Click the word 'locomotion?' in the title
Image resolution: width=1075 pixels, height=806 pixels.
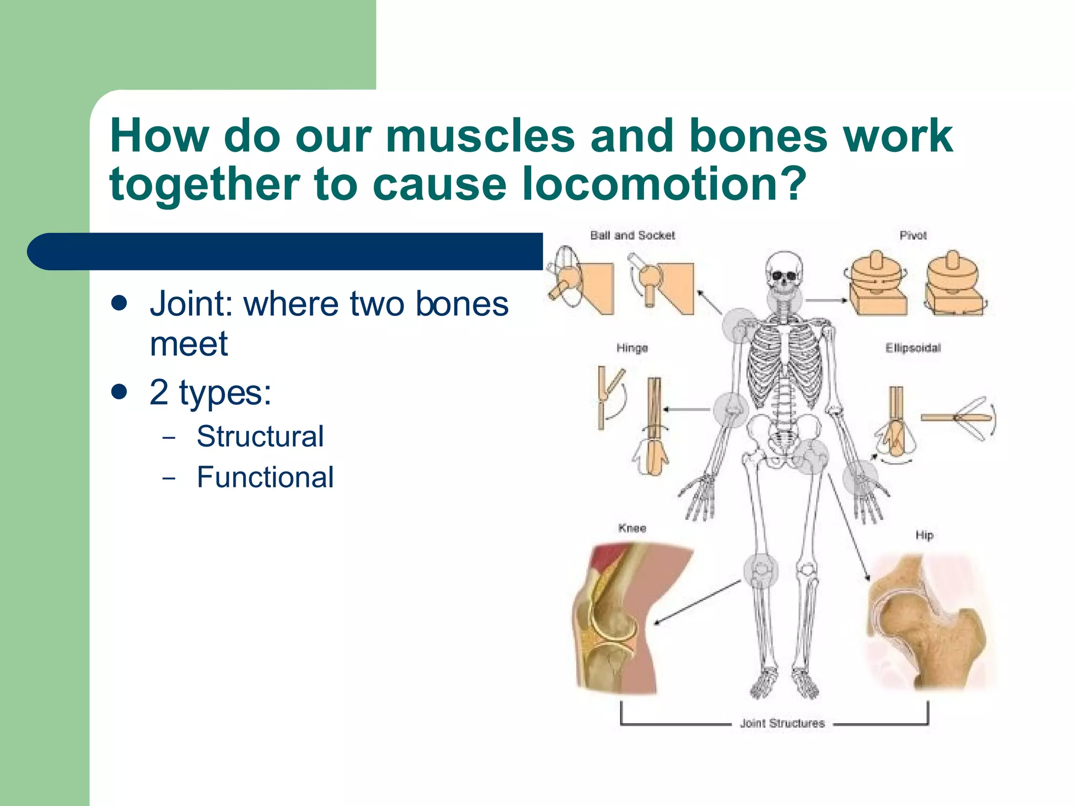663,184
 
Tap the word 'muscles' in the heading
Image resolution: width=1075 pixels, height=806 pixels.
480,136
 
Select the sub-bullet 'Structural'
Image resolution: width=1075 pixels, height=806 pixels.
260,437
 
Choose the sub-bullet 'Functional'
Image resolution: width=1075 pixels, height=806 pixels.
265,478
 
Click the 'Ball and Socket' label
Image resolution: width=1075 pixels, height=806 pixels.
632,236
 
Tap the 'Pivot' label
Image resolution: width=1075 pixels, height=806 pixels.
913,236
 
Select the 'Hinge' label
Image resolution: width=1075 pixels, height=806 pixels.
632,348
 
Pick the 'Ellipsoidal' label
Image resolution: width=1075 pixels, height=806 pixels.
913,348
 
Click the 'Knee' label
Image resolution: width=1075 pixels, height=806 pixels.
632,528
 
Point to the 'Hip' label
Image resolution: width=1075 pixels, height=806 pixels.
924,535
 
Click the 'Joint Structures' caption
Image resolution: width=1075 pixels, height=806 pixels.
782,723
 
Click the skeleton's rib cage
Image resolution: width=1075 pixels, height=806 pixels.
784,362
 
